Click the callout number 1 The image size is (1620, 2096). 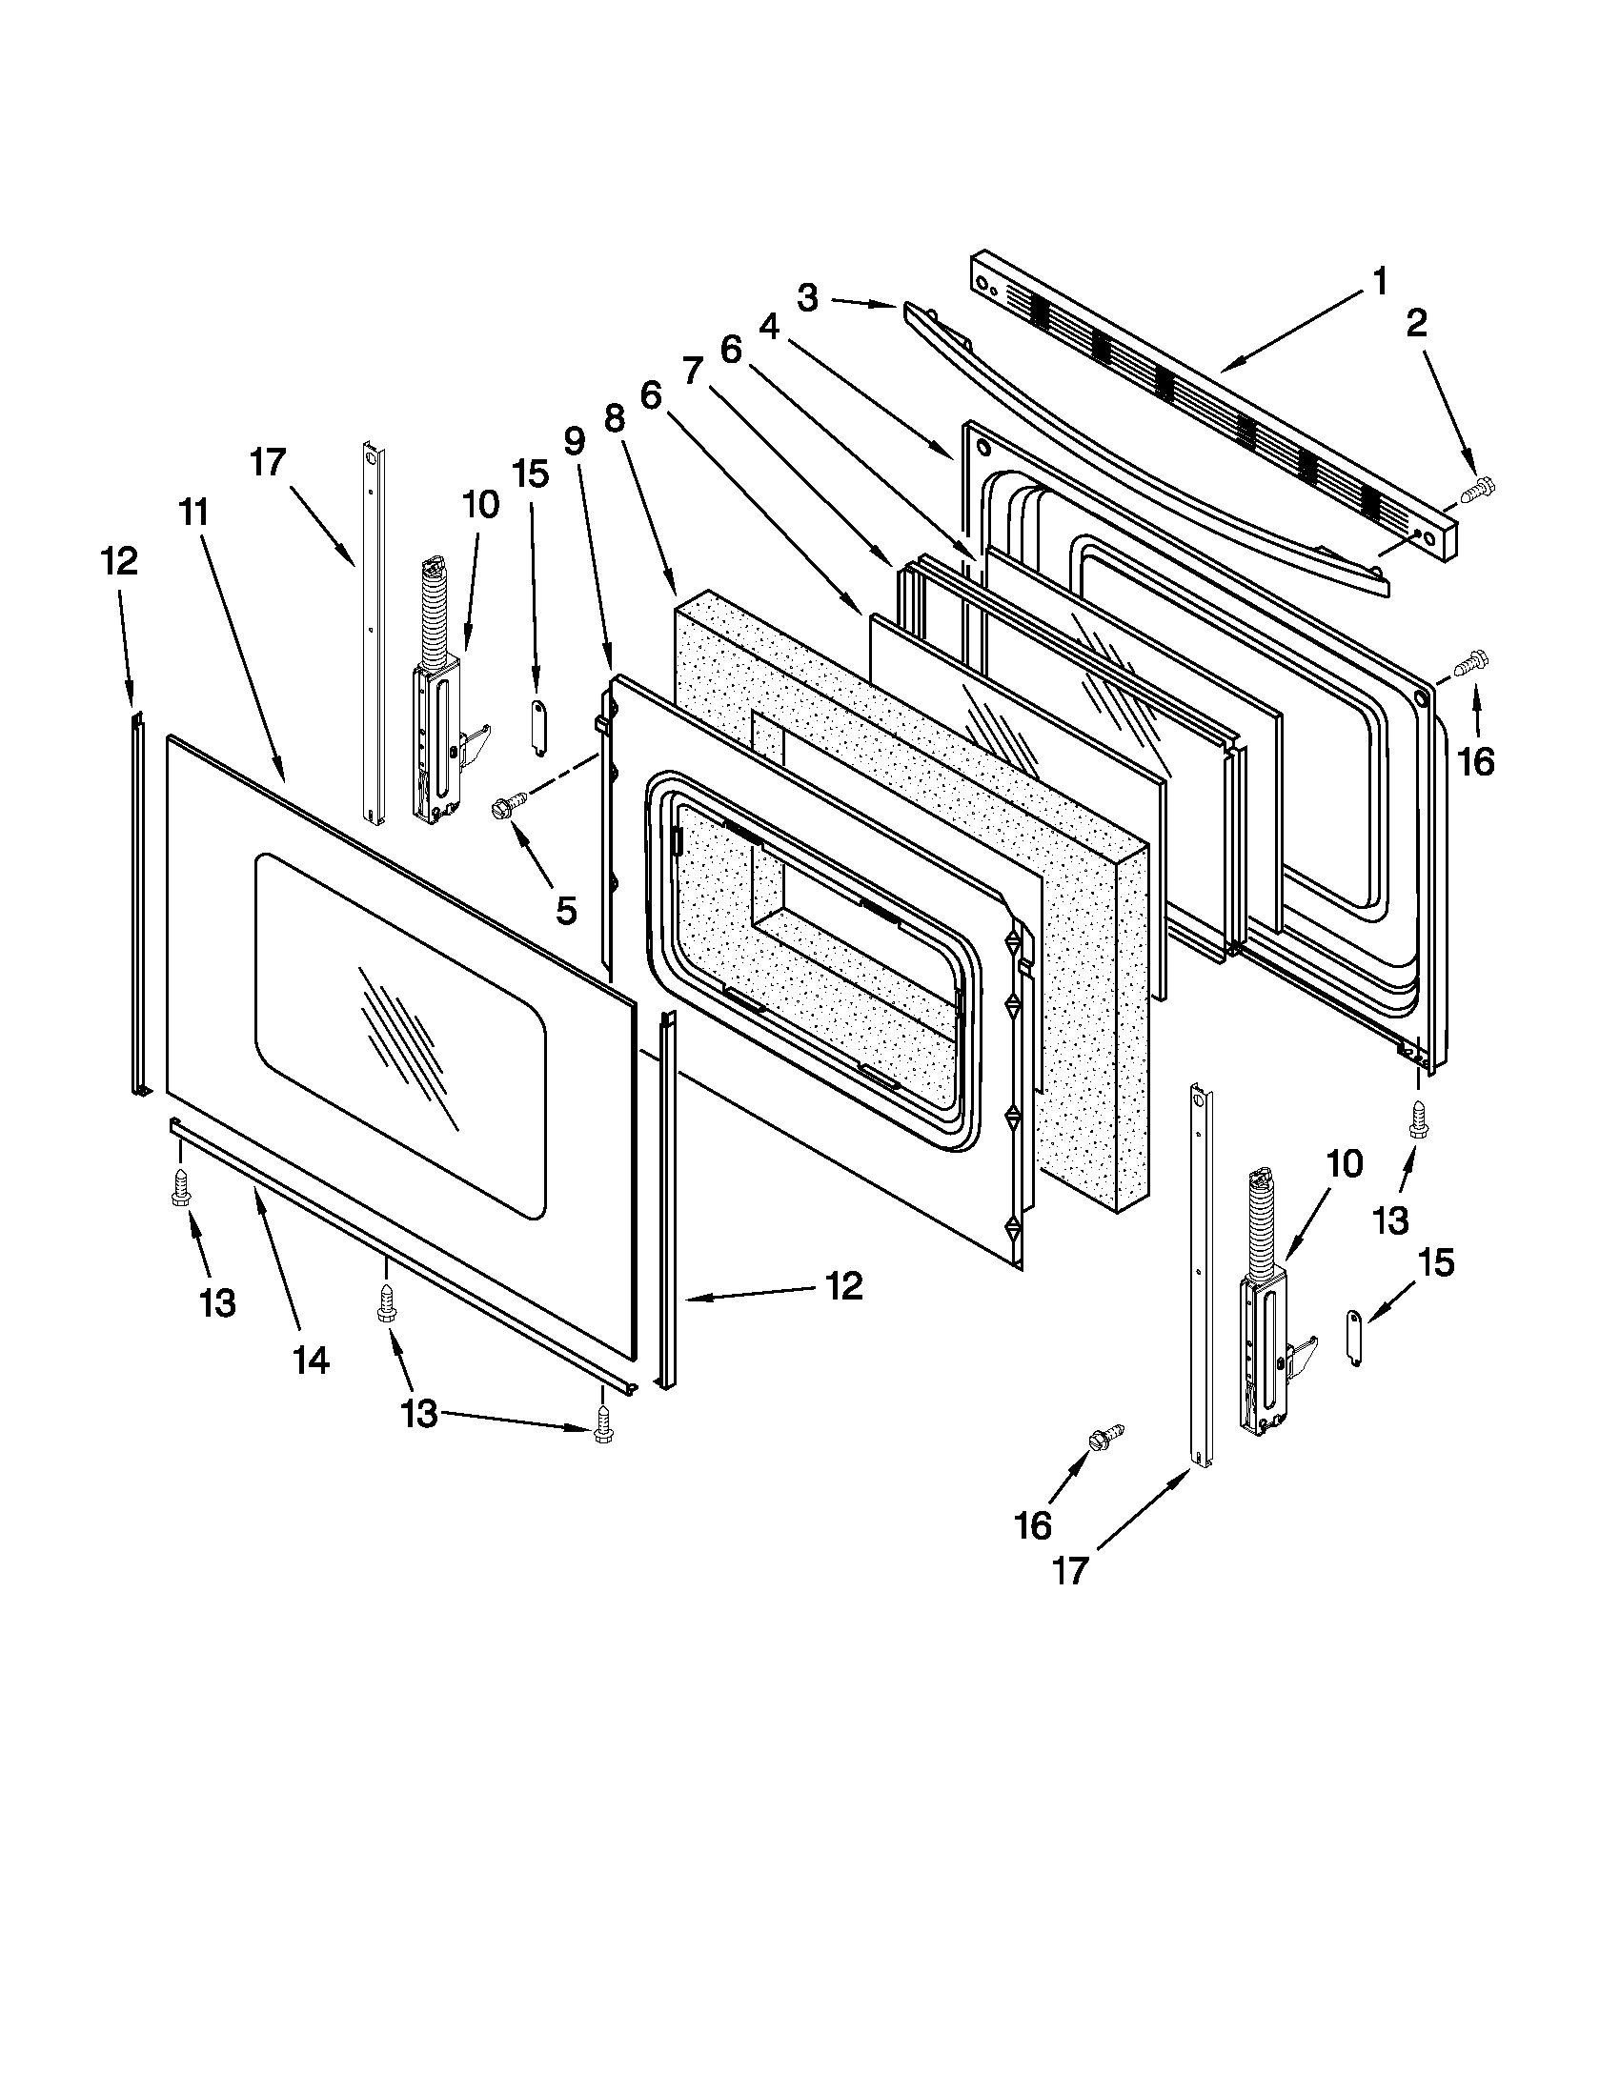point(1378,282)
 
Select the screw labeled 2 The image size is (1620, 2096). point(1475,493)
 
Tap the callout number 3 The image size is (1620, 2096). point(807,298)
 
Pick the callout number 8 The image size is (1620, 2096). point(615,418)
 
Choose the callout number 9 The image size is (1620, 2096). point(573,441)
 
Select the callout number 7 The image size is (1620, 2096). point(693,371)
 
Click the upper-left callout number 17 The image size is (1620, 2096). point(269,463)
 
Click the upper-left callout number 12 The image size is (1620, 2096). point(119,561)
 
